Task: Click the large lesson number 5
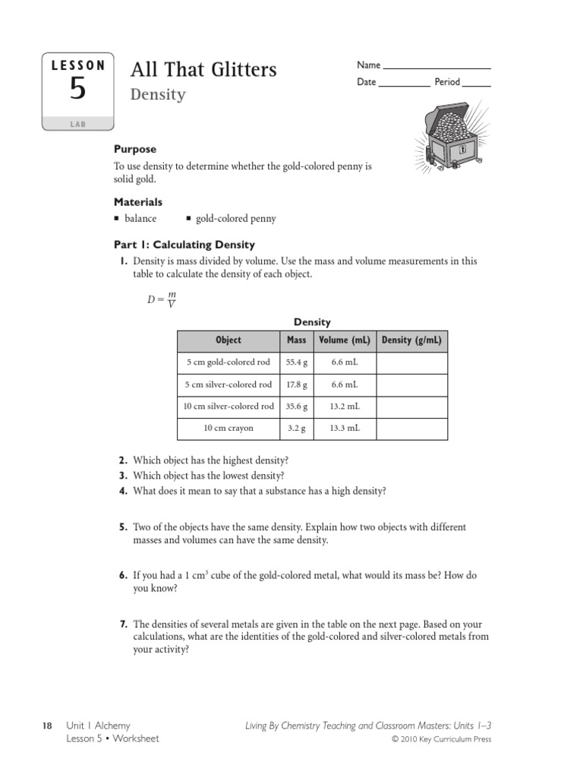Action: [x=77, y=90]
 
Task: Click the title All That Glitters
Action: [x=203, y=70]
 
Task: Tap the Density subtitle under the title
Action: [x=158, y=95]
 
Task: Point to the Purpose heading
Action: [x=135, y=150]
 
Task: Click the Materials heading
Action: [x=137, y=202]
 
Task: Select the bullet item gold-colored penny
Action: [x=235, y=219]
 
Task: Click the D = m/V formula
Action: [x=162, y=299]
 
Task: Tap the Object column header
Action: [x=228, y=340]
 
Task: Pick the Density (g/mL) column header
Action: [x=411, y=340]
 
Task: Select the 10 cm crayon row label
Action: [x=228, y=429]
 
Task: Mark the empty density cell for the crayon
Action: [x=411, y=429]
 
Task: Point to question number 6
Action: [x=122, y=576]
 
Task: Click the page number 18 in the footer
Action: [x=46, y=726]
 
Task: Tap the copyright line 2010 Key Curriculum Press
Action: [x=441, y=740]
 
